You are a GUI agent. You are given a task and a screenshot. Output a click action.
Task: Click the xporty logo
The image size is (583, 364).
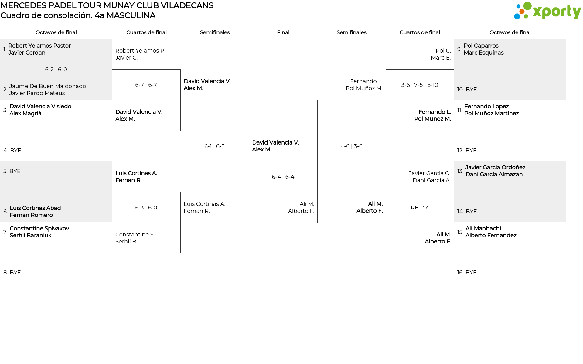coord(547,11)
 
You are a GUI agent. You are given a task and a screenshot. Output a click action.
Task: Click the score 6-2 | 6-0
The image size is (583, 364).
coord(56,70)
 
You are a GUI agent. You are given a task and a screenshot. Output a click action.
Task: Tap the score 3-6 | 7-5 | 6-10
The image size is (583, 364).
coord(420,85)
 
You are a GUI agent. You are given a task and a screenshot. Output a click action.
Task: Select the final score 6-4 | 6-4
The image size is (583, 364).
coord(283,177)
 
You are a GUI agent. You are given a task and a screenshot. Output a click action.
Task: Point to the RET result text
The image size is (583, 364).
coord(420,208)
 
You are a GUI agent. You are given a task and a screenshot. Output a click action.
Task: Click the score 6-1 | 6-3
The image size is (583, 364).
coord(214,146)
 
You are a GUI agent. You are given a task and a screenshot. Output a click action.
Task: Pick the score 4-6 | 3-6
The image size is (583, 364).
coord(351,146)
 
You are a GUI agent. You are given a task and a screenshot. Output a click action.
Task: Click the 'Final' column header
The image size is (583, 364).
coord(283,32)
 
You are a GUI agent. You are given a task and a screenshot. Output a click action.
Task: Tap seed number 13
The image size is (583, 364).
coord(460,171)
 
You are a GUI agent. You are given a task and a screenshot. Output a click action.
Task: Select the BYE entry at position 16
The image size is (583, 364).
coord(471,273)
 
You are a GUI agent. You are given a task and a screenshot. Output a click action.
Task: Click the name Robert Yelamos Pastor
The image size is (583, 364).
coord(39,46)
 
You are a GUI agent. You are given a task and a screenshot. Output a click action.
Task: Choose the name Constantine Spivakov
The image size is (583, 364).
coord(39,228)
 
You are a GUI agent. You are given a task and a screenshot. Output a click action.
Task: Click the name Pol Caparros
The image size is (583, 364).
coord(481,46)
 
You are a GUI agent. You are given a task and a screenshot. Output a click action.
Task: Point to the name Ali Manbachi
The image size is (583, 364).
coord(483,228)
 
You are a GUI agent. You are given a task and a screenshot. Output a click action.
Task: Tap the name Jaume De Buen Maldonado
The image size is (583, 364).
coord(48,86)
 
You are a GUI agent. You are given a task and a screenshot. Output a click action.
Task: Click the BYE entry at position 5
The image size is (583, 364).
coord(15,171)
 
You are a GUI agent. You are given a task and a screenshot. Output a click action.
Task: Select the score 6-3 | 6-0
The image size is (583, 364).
coord(146,208)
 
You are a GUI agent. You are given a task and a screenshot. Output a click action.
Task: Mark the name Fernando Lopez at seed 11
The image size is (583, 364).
coord(486,106)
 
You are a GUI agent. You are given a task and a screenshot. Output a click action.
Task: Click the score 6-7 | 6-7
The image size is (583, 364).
coord(146,85)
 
